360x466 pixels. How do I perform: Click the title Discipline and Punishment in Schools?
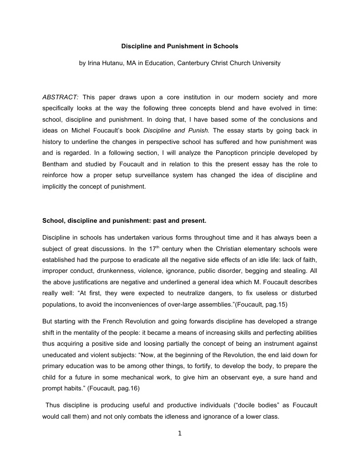pos(179,46)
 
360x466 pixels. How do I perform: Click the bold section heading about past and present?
pos(124,221)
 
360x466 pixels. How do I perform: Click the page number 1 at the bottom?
pos(180,434)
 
